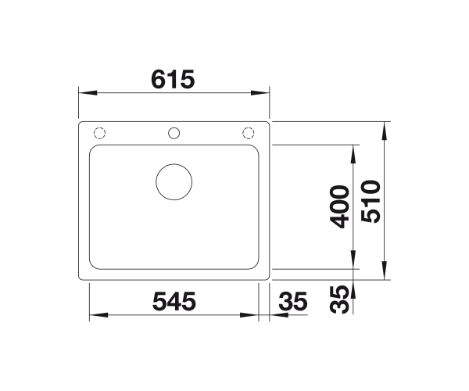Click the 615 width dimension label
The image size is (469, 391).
click(x=173, y=79)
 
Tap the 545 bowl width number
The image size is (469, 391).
click(x=174, y=301)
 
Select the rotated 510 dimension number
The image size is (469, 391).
click(x=371, y=201)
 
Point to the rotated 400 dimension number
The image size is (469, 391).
click(x=339, y=206)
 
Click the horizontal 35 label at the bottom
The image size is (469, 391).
click(x=293, y=301)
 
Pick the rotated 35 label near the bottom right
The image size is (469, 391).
click(x=339, y=300)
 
